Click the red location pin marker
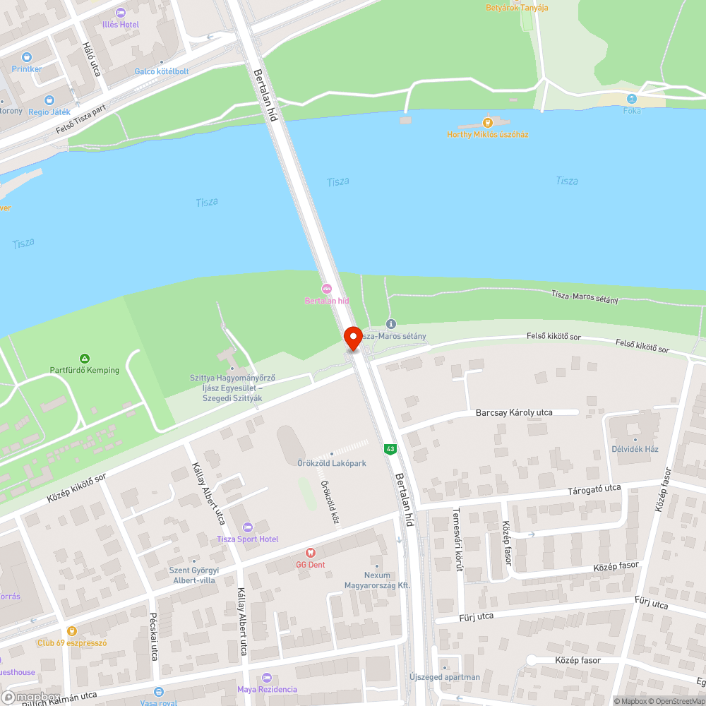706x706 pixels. (352, 337)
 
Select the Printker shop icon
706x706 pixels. (27, 56)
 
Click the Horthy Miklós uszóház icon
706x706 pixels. (487, 122)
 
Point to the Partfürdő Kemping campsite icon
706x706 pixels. (85, 359)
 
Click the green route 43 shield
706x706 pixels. (390, 449)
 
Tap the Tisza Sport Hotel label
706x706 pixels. (247, 539)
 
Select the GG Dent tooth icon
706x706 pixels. (309, 553)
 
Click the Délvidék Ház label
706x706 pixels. (635, 449)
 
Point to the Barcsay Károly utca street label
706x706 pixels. (514, 412)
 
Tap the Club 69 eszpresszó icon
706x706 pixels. (71, 631)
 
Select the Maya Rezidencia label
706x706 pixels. (267, 689)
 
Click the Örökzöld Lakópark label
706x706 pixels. (332, 463)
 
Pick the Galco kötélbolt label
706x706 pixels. (162, 71)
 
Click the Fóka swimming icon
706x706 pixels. (632, 99)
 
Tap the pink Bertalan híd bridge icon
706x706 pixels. (326, 288)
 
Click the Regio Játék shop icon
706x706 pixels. (49, 100)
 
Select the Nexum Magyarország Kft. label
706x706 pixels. (377, 580)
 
